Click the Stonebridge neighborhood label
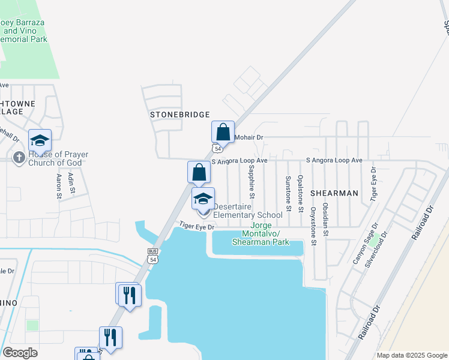[179, 114]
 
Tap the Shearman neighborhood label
[334, 193]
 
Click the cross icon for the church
[19, 158]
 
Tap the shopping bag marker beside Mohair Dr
[223, 132]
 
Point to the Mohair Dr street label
[249, 137]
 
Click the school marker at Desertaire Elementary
[203, 199]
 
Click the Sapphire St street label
[252, 182]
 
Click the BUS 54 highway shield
[152, 256]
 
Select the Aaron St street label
[59, 186]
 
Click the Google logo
[20, 353]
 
